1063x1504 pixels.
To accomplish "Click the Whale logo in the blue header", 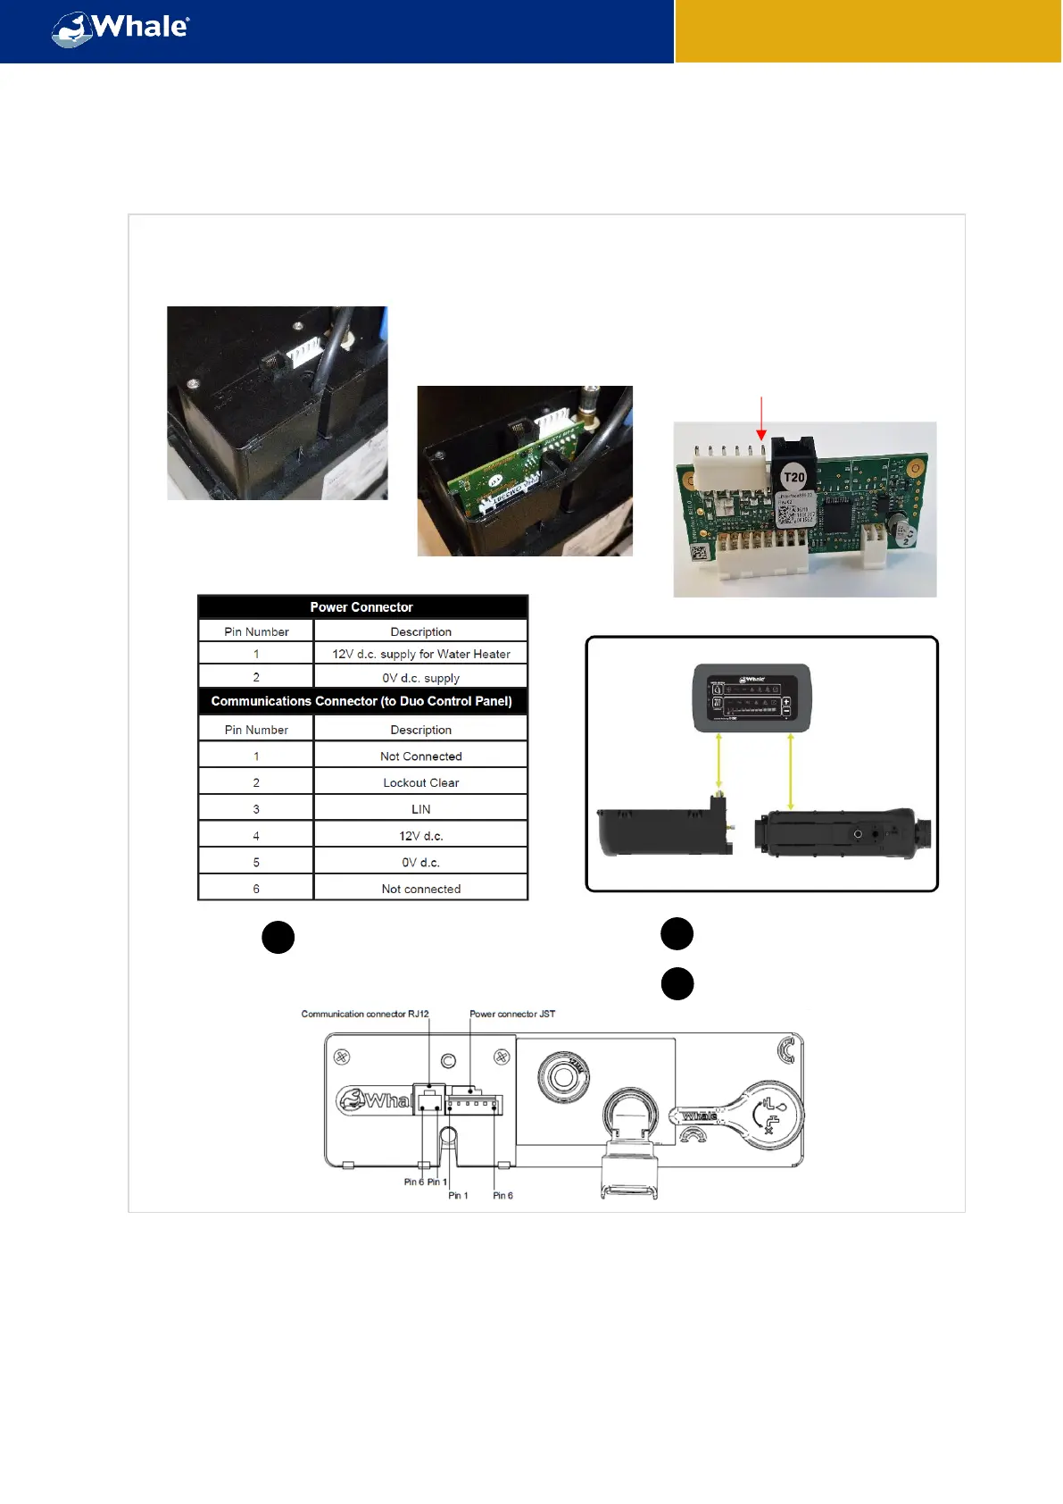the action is (x=120, y=29).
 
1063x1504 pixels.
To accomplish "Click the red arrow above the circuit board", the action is (x=760, y=417).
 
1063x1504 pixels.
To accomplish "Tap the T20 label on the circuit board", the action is (x=793, y=477).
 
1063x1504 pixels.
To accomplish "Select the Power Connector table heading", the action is (x=361, y=607).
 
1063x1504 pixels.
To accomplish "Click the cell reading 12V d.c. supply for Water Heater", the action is (x=421, y=654).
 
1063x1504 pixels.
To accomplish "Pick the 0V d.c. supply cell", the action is (x=421, y=678).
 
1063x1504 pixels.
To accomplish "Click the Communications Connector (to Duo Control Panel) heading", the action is (x=361, y=701).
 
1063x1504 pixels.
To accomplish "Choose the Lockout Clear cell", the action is (x=421, y=782).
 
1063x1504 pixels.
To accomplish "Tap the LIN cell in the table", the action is (x=421, y=809).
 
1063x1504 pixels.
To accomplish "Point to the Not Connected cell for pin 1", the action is (x=421, y=756).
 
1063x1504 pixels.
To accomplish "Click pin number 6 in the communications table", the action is (x=256, y=889).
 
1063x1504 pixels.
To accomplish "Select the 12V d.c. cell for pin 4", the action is (x=421, y=836).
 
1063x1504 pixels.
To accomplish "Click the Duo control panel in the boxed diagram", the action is (x=752, y=698).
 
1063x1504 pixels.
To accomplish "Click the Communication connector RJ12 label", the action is (x=365, y=1014).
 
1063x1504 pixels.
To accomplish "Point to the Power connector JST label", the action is (x=512, y=1014).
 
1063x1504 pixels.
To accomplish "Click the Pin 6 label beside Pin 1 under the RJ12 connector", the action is (x=413, y=1182).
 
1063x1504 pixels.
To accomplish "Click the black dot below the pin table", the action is (x=278, y=937).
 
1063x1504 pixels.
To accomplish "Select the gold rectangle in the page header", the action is (x=868, y=31).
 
